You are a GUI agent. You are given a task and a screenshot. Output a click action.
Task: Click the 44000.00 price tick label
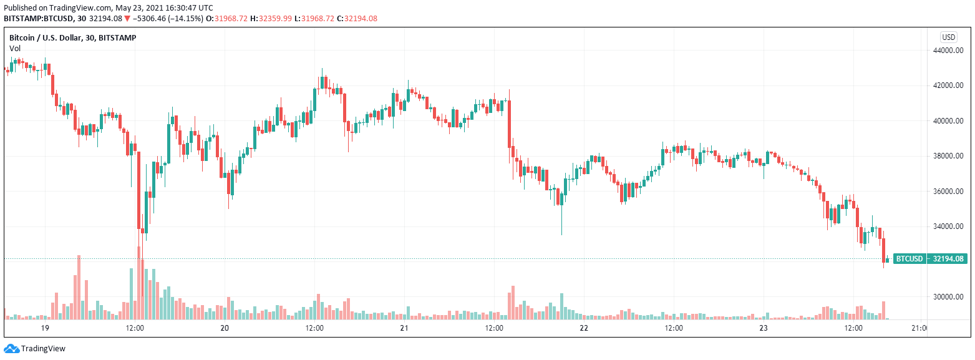tap(945, 51)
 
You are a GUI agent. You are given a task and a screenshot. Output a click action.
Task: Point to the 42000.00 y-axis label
tap(945, 86)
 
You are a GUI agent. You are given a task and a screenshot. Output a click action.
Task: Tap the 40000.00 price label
tap(945, 121)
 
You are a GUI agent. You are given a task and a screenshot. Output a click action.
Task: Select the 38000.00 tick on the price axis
tap(945, 157)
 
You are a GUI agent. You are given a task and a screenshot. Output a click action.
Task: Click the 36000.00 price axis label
tap(945, 192)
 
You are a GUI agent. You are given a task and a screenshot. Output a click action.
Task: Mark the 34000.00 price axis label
tap(945, 226)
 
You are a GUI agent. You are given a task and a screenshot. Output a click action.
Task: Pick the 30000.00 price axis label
tap(945, 297)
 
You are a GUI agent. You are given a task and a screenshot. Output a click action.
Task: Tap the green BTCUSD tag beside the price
tap(909, 259)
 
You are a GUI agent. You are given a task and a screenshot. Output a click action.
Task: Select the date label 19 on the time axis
tap(45, 328)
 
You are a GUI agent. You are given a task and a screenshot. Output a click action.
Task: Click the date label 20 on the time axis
tap(225, 328)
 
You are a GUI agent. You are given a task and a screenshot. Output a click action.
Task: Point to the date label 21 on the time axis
tap(404, 328)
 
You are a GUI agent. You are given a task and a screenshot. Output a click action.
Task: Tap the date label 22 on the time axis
tap(584, 328)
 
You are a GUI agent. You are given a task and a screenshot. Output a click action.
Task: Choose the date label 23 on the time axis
tap(764, 328)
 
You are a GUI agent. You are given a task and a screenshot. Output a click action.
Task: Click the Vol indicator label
tap(15, 48)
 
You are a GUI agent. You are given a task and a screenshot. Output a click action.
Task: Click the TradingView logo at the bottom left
tap(35, 349)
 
